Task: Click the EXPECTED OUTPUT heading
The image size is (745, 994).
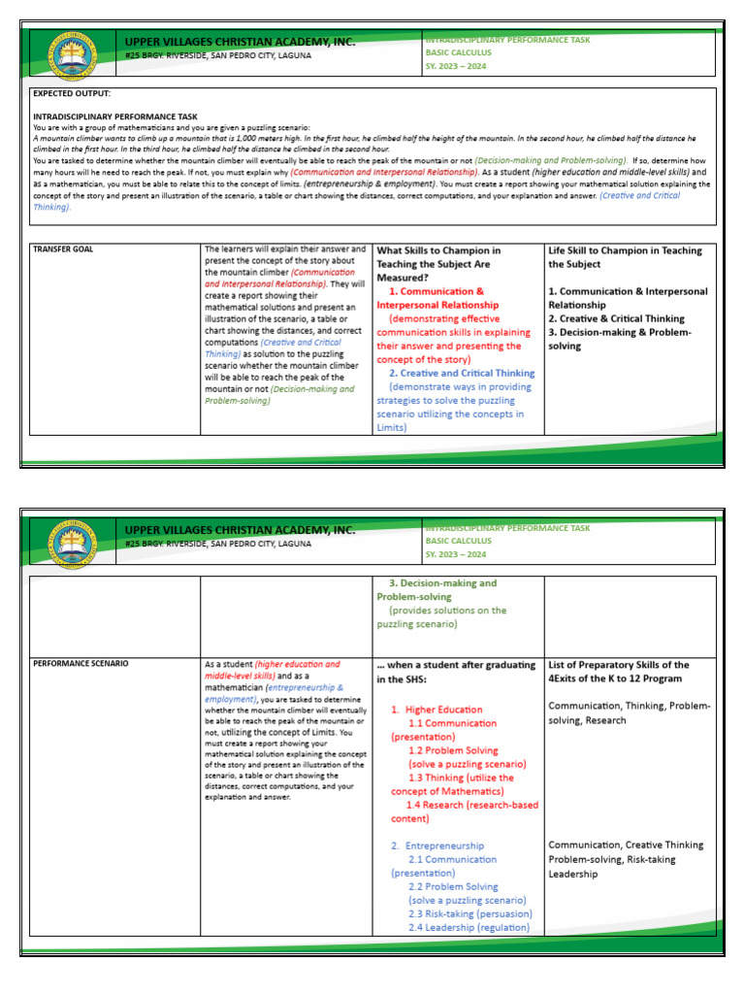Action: (72, 93)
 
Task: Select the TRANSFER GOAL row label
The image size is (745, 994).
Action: (64, 249)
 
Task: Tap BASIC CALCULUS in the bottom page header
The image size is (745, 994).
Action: (458, 541)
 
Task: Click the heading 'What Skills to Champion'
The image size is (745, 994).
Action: (438, 250)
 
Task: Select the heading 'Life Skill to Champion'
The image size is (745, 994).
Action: (625, 250)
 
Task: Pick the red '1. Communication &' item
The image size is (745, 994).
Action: (436, 291)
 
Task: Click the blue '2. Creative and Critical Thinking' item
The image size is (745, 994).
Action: (462, 373)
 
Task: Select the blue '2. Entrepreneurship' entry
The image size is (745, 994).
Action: (437, 845)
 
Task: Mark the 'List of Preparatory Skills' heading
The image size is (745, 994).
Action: (619, 665)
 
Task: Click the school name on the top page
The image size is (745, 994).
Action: (240, 42)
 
